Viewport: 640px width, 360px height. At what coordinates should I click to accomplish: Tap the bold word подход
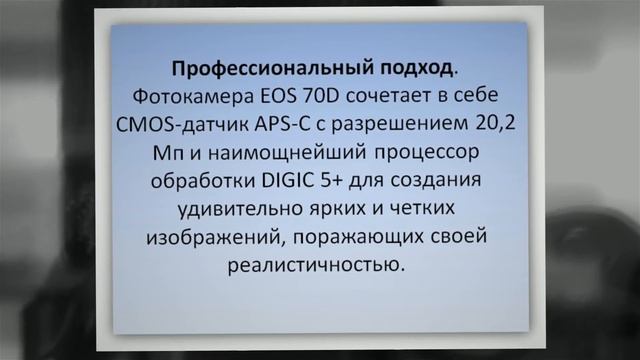pos(408,69)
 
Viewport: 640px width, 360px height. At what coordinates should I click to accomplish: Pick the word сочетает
pos(392,97)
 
